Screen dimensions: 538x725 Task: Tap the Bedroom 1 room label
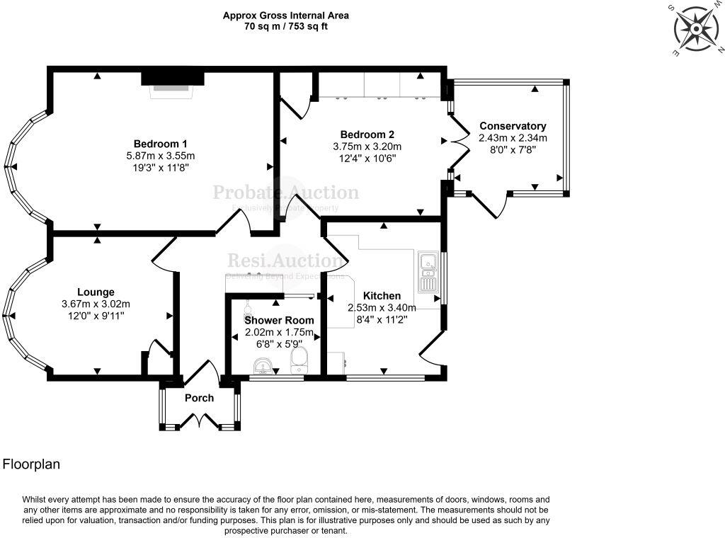point(161,142)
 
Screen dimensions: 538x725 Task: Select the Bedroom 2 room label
point(367,134)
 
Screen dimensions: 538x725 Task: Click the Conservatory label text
point(513,126)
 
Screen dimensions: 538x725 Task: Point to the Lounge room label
point(96,292)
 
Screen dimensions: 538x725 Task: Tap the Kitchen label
point(382,295)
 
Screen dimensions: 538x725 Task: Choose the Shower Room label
point(279,320)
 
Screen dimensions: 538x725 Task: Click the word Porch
point(199,398)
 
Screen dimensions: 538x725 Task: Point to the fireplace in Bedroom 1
point(171,84)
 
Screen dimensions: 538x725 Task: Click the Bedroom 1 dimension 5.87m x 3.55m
point(161,155)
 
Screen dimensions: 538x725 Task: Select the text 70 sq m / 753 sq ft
point(286,27)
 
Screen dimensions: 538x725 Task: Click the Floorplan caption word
point(31,464)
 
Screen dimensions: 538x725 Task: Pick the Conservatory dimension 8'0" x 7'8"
point(513,150)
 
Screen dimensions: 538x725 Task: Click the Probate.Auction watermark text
point(286,192)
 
